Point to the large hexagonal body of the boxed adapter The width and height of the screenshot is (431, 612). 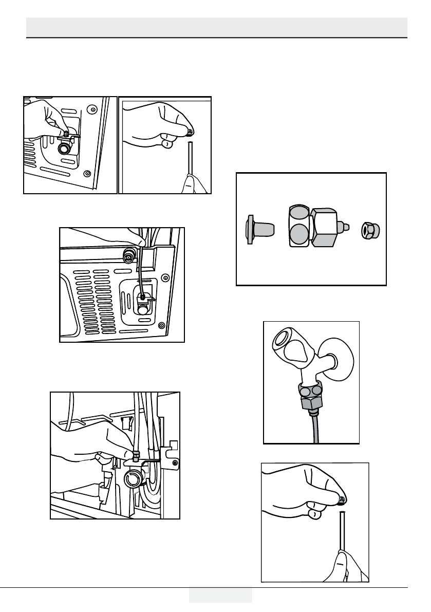pos(324,226)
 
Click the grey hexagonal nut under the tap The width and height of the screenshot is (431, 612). pos(312,403)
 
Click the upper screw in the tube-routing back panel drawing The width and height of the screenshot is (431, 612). pos(165,278)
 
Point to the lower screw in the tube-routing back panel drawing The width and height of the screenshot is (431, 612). pos(162,325)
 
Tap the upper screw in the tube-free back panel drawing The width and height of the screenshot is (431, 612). pos(91,109)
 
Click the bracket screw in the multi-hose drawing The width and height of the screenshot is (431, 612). pos(176,464)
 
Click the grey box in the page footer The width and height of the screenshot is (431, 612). pos(220,595)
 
